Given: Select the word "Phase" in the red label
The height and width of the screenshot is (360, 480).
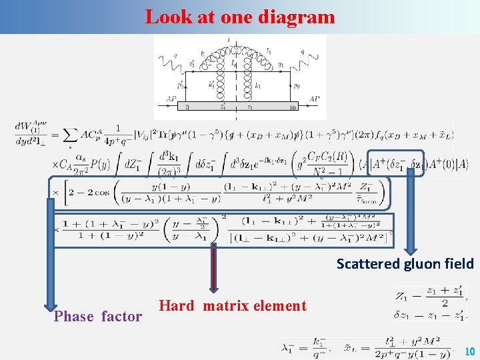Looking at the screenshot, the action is (75, 317).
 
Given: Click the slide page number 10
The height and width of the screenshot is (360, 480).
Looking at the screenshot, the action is (469, 351).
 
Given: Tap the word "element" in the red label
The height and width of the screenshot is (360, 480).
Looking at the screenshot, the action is (278, 306).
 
